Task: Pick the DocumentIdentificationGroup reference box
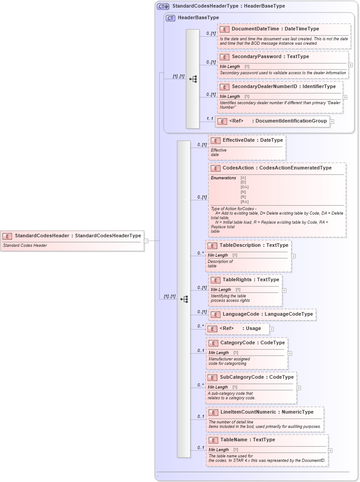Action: pos(272,121)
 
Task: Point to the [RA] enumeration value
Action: pos(245,202)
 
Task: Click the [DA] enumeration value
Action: pos(245,187)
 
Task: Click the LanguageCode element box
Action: pos(262,314)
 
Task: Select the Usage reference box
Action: pos(237,329)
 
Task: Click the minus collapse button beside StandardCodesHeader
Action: pos(146,241)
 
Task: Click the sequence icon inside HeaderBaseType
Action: pos(193,79)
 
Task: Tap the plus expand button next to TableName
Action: pos(330,451)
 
